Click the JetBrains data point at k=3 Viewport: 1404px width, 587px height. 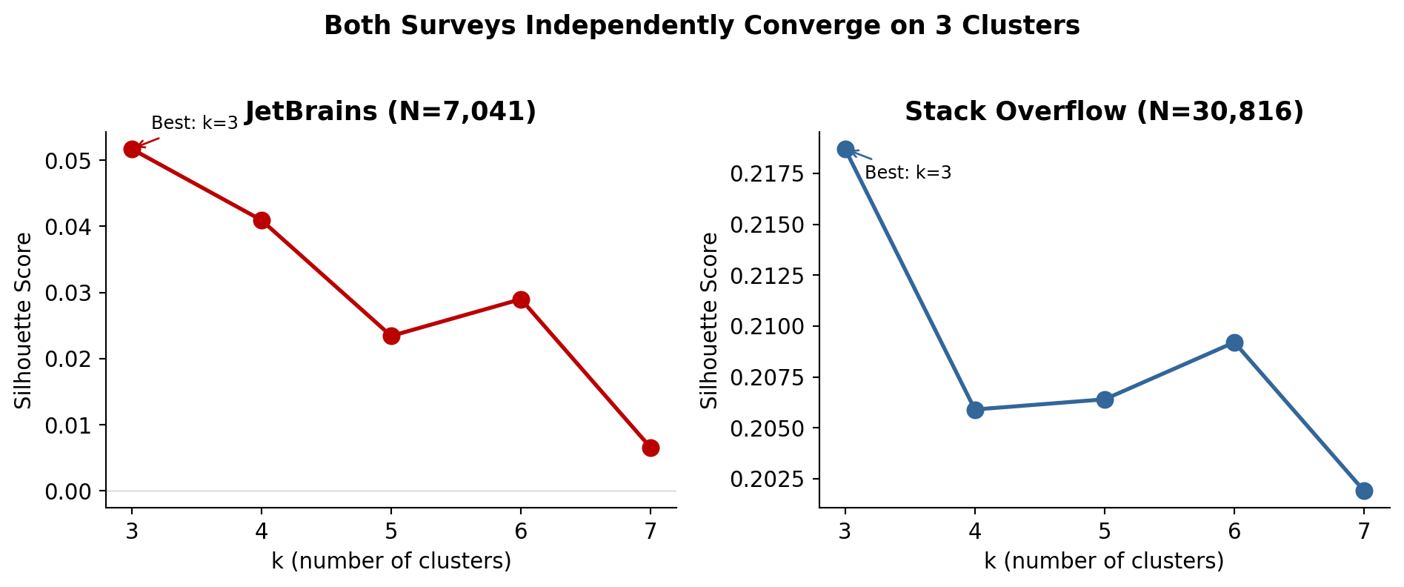coord(132,149)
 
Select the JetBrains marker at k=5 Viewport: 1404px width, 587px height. coord(391,336)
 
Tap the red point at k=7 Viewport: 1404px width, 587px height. coord(651,448)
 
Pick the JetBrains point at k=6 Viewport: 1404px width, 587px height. coord(521,299)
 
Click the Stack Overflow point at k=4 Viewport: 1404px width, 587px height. coord(975,410)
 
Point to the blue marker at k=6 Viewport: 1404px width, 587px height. coord(1234,342)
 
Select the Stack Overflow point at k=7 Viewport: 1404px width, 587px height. coord(1364,491)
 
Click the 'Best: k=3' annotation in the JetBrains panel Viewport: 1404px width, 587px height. coord(195,123)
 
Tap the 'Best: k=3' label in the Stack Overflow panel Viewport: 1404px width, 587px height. coord(908,173)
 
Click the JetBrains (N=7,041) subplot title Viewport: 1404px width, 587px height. coord(390,111)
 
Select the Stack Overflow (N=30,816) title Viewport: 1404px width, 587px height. coord(1104,111)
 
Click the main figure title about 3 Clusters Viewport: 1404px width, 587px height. coord(702,26)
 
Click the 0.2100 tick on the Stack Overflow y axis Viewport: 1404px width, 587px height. coord(767,326)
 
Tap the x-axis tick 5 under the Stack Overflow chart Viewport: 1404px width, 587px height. coord(1105,531)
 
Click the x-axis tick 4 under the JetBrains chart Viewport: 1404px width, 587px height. coord(262,531)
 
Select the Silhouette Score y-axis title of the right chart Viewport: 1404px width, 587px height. coord(709,320)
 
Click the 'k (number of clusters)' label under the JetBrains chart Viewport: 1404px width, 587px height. coord(391,561)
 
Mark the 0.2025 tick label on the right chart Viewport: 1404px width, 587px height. coord(767,479)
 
